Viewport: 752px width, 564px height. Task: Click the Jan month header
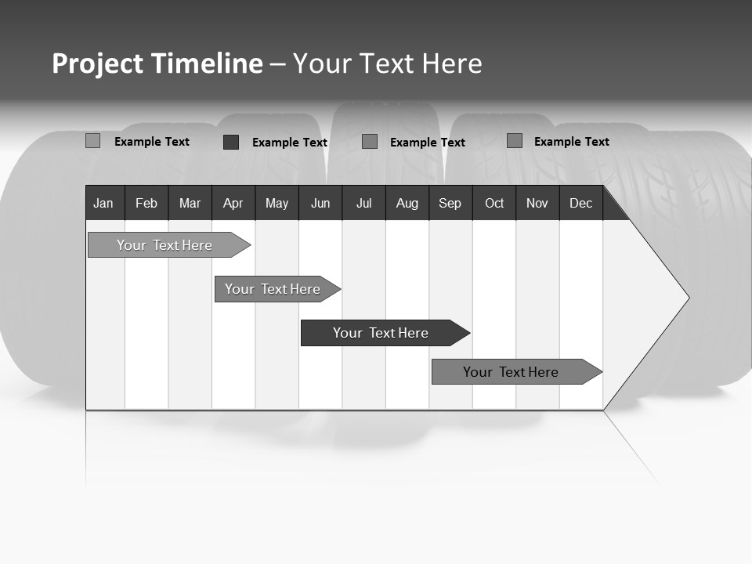tap(104, 203)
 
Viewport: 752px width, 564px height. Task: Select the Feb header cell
tap(146, 203)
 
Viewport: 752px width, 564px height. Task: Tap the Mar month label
tap(190, 203)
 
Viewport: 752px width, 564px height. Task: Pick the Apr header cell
tap(233, 203)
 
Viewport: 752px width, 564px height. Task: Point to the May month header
tap(277, 203)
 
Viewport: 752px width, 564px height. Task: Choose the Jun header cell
tap(320, 203)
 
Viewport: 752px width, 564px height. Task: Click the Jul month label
tap(363, 203)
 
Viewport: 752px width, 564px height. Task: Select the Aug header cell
tap(407, 203)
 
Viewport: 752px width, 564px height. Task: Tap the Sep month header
tap(450, 203)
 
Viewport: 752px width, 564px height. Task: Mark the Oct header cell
tap(494, 203)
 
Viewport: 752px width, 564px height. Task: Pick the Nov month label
tap(537, 203)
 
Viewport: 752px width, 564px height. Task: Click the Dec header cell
tap(581, 203)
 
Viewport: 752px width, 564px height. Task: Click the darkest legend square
tap(231, 142)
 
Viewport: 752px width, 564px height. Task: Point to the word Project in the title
tap(98, 63)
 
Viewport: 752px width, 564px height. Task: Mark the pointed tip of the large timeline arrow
tap(688, 298)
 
